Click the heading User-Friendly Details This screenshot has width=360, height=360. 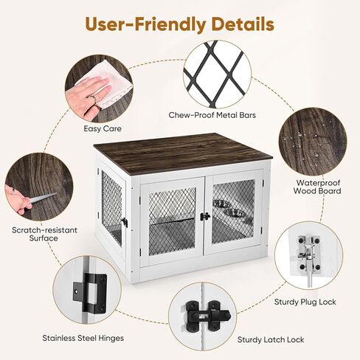point(179,24)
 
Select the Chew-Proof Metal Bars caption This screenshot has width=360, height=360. point(217,115)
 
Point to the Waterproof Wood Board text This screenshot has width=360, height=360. point(318,186)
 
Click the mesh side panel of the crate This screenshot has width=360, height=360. point(112,207)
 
